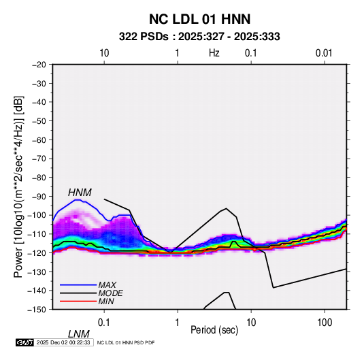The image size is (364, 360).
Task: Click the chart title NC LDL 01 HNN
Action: pyautogui.click(x=199, y=19)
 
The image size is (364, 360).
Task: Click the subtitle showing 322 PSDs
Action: pyautogui.click(x=199, y=37)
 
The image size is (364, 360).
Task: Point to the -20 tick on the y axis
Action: pyautogui.click(x=39, y=65)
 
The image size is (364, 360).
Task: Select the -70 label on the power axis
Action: pyautogui.click(x=39, y=159)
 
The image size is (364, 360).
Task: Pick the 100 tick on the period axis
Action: pyautogui.click(x=325, y=323)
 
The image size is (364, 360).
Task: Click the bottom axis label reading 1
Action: pyautogui.click(x=178, y=323)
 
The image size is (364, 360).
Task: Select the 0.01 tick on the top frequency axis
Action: pyautogui.click(x=324, y=53)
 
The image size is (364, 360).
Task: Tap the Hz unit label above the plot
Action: pyautogui.click(x=214, y=53)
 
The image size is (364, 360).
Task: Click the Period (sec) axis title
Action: pyautogui.click(x=214, y=330)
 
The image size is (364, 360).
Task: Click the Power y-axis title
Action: pyautogui.click(x=18, y=186)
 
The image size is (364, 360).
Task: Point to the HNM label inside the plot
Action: pyautogui.click(x=80, y=193)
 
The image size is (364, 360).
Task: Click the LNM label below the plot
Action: pyautogui.click(x=79, y=334)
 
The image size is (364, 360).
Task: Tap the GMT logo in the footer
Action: pyautogui.click(x=24, y=342)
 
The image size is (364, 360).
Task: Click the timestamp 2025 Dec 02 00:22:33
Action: pyautogui.click(x=63, y=342)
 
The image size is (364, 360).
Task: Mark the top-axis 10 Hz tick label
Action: pyautogui.click(x=104, y=53)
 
